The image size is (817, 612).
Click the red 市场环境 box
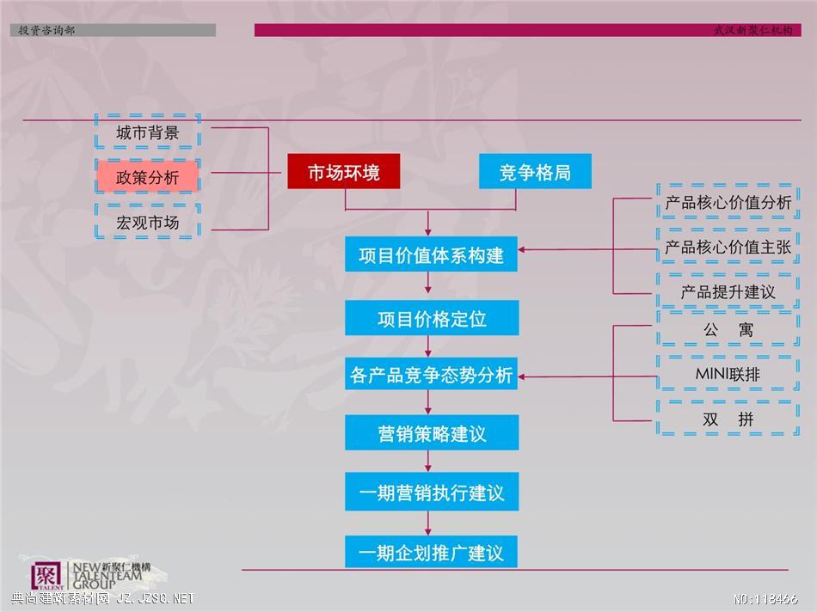pos(344,171)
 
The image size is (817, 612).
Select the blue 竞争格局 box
pos(535,171)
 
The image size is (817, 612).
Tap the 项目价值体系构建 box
pos(431,254)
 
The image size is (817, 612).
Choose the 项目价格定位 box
pos(432,318)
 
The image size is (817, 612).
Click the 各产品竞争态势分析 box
pos(431,373)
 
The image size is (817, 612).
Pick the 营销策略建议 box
pos(432,432)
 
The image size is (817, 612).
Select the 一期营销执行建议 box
pos(432,491)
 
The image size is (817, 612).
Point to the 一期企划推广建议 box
pos(431,552)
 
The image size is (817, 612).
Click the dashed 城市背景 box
pos(148,132)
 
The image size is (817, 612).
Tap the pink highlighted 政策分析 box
pos(148,177)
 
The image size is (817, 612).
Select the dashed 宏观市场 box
pos(148,222)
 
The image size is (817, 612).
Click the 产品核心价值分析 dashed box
pos(728,202)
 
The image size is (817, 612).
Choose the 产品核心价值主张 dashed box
pos(728,247)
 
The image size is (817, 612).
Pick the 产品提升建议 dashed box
pos(728,291)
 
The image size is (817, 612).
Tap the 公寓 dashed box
pos(728,329)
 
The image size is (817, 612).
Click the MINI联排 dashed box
pos(728,373)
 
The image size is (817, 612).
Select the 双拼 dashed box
pos(728,419)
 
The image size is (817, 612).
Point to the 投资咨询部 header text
pos(46,30)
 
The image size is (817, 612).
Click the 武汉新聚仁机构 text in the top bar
pos(752,30)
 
